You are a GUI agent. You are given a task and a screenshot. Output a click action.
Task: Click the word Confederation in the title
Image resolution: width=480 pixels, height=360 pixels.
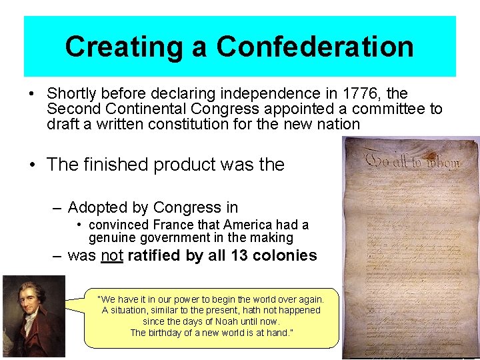[x=315, y=47]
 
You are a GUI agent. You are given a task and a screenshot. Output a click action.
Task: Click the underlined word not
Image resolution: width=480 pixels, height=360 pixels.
[x=111, y=255]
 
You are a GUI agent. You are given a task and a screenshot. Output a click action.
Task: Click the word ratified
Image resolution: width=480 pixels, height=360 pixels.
[x=155, y=255]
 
